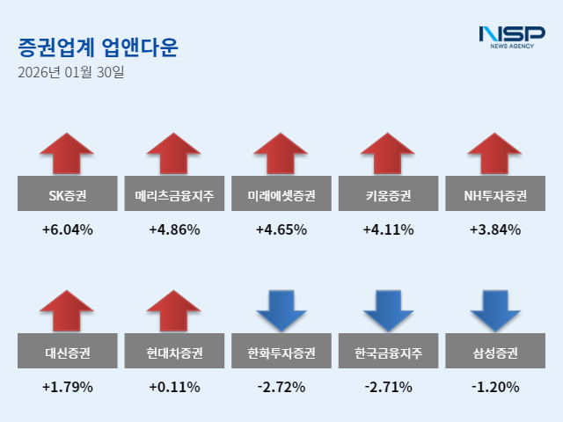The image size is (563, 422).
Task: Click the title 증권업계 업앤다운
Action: (x=97, y=47)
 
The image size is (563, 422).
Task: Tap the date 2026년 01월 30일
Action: (x=71, y=72)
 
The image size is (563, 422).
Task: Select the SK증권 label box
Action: (x=68, y=194)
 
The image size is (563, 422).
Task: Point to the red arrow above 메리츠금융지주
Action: (x=175, y=153)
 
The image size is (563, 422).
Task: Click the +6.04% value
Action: (x=68, y=230)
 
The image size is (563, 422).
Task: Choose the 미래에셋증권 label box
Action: (x=281, y=194)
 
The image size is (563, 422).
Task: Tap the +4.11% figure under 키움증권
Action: (x=388, y=230)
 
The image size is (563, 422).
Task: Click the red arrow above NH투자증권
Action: (x=495, y=153)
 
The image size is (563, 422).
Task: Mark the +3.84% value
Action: (x=495, y=230)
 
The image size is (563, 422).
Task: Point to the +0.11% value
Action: (x=175, y=387)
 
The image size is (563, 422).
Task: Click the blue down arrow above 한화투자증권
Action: (x=281, y=310)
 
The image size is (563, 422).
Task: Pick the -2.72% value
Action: (x=281, y=387)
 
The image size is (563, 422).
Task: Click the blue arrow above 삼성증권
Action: (x=495, y=310)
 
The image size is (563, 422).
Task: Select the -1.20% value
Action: (x=495, y=387)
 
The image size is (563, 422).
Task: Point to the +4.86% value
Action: (x=175, y=230)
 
